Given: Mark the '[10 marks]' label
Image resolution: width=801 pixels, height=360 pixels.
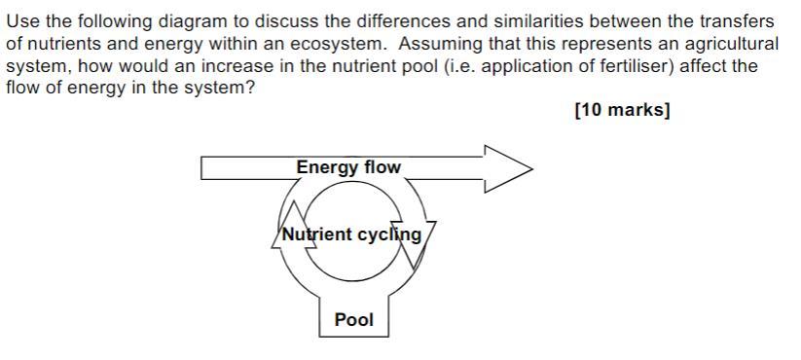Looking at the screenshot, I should coord(622,110).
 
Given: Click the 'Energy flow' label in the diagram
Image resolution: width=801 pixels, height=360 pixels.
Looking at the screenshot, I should coord(348,167).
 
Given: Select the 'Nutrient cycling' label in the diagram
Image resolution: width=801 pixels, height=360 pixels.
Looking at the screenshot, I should coord(351,234).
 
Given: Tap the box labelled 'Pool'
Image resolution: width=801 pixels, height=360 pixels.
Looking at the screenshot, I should coord(353,319).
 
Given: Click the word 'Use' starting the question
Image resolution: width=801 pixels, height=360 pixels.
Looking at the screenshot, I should coord(21,21).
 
